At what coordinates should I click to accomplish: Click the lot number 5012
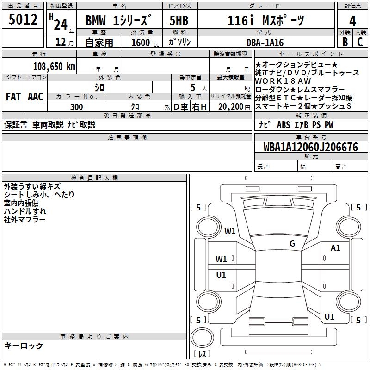23,19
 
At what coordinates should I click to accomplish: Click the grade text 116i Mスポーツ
266,20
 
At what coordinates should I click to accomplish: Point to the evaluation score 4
352,21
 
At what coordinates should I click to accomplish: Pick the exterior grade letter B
345,42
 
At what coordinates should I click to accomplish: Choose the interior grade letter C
360,42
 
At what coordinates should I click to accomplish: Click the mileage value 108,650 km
54,66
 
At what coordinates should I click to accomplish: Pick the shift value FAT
13,97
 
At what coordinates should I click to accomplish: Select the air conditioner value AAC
35,97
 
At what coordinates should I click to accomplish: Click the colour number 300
77,107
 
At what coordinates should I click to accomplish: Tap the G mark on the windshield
292,244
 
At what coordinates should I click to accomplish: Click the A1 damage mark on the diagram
335,248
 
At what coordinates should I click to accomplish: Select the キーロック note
24,345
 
